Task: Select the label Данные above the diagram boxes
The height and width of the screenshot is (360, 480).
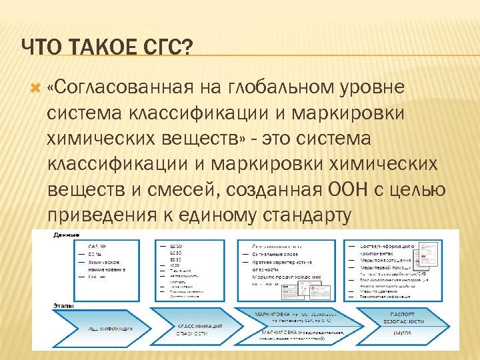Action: coord(67,235)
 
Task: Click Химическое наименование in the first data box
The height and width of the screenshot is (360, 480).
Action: coord(93,266)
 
